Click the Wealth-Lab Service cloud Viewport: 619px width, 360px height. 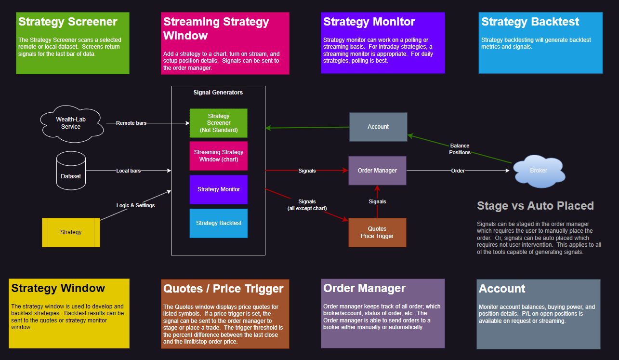(x=71, y=123)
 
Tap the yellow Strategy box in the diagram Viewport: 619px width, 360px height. (x=71, y=232)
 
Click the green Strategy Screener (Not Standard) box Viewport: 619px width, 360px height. (x=218, y=123)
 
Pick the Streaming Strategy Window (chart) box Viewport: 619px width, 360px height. (x=218, y=156)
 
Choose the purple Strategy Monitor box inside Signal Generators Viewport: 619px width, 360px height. (x=218, y=189)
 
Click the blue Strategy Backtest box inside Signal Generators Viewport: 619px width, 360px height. (x=218, y=223)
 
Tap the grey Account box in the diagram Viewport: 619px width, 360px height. (x=378, y=127)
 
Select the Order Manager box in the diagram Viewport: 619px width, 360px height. (x=377, y=171)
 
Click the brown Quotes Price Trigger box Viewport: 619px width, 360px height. (x=377, y=232)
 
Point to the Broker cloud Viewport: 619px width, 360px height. (x=538, y=171)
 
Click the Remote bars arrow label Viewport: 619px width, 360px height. (x=131, y=123)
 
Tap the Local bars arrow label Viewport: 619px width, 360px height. (x=129, y=171)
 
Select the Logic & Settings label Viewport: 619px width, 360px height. (x=135, y=205)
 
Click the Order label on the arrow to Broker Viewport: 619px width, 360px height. (x=458, y=171)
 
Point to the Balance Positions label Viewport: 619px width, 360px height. (x=460, y=149)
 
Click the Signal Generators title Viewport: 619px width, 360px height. (x=218, y=93)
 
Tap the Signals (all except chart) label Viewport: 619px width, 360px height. (x=307, y=205)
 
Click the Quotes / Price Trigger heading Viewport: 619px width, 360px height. (x=223, y=289)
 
